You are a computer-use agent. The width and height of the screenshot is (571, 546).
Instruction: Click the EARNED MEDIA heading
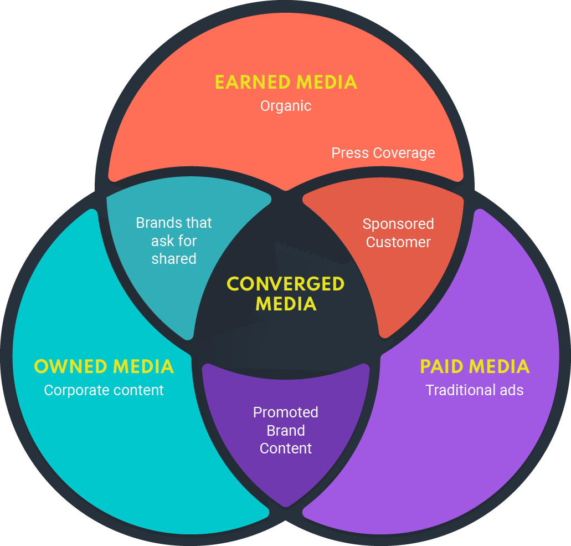click(x=286, y=83)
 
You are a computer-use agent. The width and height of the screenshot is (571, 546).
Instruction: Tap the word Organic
click(x=286, y=106)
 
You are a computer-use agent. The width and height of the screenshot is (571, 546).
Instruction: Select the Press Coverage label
click(x=383, y=153)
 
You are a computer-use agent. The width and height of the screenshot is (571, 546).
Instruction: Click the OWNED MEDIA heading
click(x=104, y=367)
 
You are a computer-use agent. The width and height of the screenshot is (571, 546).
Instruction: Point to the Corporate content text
click(x=104, y=390)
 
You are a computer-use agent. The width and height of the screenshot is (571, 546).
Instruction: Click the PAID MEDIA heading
click(x=475, y=367)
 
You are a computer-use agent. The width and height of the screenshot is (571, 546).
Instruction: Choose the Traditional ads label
click(x=475, y=390)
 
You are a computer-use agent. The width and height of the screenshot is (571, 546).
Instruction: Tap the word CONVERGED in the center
click(x=286, y=284)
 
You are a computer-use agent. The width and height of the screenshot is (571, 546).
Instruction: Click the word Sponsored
click(x=398, y=224)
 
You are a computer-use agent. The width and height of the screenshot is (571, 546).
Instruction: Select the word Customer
click(x=398, y=242)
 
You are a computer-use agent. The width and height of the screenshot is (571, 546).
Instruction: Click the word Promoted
click(x=286, y=412)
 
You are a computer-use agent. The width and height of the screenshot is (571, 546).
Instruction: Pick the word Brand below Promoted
click(x=286, y=431)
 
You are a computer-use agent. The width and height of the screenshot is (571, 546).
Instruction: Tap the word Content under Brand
click(x=286, y=448)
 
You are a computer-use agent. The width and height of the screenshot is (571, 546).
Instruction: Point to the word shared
click(x=174, y=259)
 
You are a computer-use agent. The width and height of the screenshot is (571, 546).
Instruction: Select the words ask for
click(x=174, y=241)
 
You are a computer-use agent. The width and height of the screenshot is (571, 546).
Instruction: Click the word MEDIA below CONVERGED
click(x=286, y=304)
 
